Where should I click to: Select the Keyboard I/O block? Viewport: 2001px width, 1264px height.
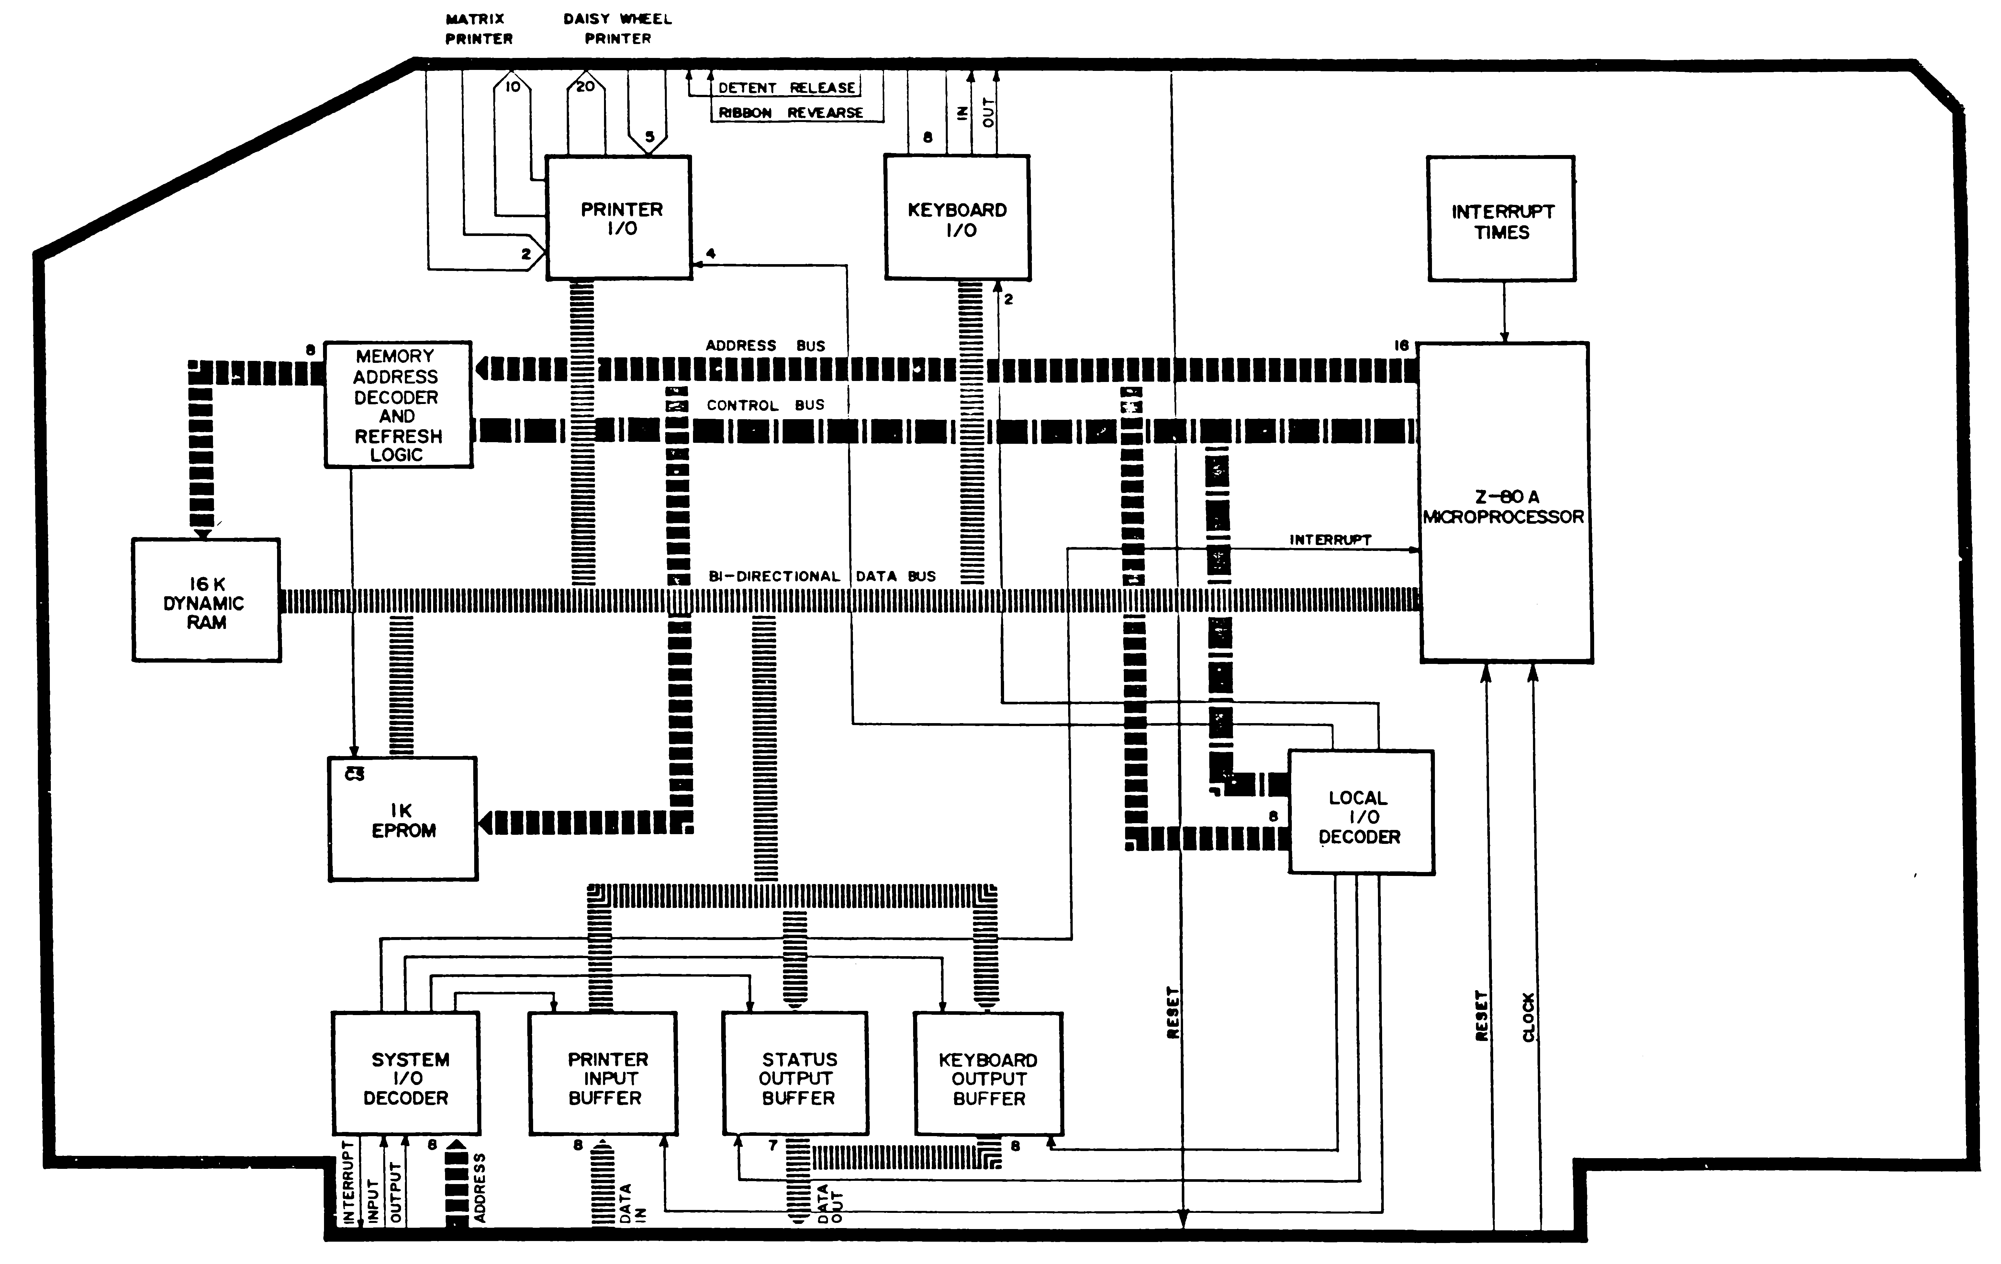pos(957,218)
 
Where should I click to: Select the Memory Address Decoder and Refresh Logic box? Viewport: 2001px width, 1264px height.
pos(398,405)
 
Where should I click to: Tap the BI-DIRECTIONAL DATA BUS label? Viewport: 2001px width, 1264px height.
pos(821,576)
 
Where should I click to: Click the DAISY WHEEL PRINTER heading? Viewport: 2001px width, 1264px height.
pos(617,28)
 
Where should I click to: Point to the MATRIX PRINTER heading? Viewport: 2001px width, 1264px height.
pos(479,28)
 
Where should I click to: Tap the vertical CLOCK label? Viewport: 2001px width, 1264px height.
pos(1528,1016)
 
